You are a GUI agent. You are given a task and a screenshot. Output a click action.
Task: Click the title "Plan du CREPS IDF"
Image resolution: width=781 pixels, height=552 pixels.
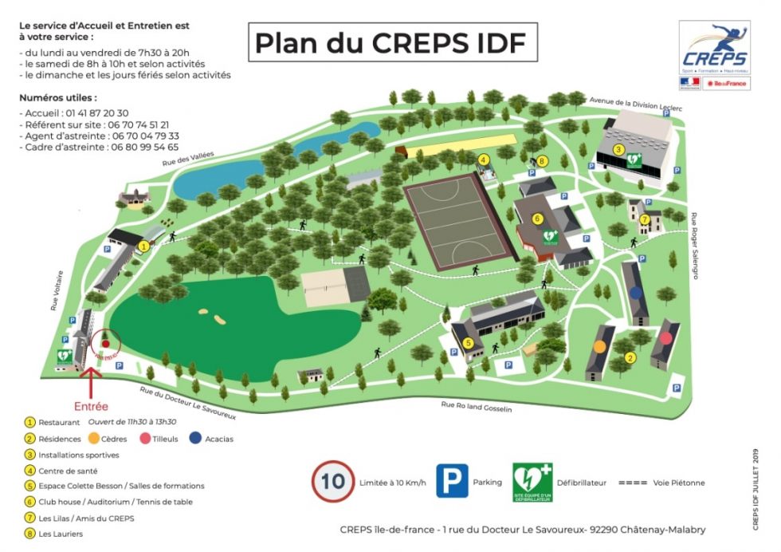click(x=390, y=42)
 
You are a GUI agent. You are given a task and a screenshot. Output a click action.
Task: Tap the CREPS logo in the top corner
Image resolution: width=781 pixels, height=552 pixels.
click(x=714, y=48)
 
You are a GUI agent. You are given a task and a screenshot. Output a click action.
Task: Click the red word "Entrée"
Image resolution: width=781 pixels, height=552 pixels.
click(x=91, y=406)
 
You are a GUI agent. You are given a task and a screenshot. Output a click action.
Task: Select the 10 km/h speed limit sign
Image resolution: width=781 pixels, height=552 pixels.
click(x=333, y=481)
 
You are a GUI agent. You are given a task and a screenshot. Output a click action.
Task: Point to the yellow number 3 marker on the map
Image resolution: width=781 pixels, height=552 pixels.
click(x=618, y=149)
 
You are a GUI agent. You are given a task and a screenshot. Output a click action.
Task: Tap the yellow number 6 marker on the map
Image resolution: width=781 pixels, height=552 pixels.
click(x=538, y=218)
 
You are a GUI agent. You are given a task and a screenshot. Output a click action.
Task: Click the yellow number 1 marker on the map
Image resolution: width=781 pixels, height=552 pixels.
click(x=144, y=246)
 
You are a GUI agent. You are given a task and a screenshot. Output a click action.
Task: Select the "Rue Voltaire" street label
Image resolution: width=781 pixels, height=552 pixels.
click(x=58, y=293)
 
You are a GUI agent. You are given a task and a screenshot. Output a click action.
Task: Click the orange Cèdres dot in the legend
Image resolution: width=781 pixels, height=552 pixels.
click(x=94, y=438)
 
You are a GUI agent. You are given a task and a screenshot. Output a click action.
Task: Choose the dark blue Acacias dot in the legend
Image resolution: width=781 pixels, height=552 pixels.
click(x=194, y=438)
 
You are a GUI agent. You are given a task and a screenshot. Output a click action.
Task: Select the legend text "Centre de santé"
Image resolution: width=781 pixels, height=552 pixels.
click(x=69, y=471)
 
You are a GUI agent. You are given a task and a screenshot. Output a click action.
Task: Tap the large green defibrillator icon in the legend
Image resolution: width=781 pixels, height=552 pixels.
click(x=532, y=482)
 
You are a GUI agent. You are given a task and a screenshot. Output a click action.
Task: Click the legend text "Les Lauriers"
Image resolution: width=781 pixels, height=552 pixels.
click(x=61, y=534)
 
